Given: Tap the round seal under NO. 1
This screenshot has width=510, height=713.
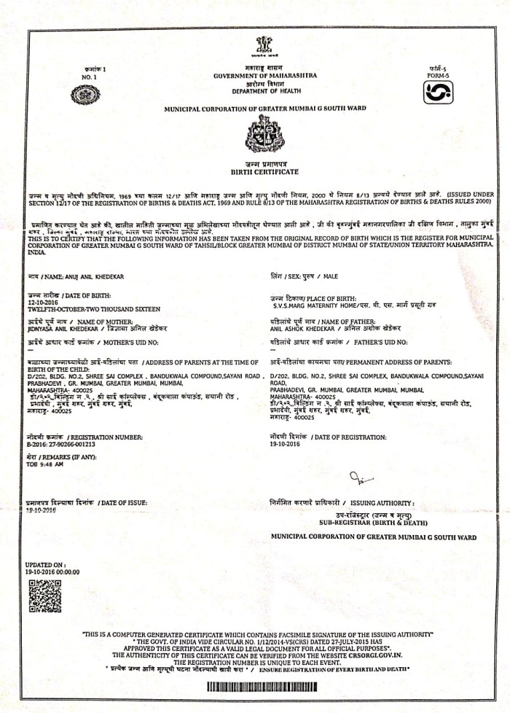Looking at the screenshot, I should (x=85, y=95).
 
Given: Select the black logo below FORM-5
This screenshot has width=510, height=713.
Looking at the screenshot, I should (x=438, y=93).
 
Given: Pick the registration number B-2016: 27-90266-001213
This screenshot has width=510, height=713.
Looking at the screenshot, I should (x=61, y=443).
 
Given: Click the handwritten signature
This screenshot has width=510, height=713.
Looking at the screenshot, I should (x=359, y=477).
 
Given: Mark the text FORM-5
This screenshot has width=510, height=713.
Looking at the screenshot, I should (x=439, y=75).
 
